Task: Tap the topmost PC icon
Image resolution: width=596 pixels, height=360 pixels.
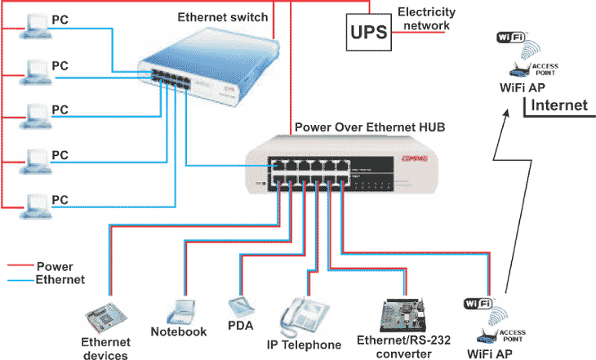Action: [x=33, y=28]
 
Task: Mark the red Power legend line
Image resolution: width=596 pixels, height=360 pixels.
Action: [x=19, y=265]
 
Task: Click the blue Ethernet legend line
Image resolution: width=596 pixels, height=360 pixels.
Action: [x=19, y=279]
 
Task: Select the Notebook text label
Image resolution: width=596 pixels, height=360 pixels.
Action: [x=180, y=332]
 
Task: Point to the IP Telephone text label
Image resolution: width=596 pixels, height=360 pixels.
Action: [x=304, y=345]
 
